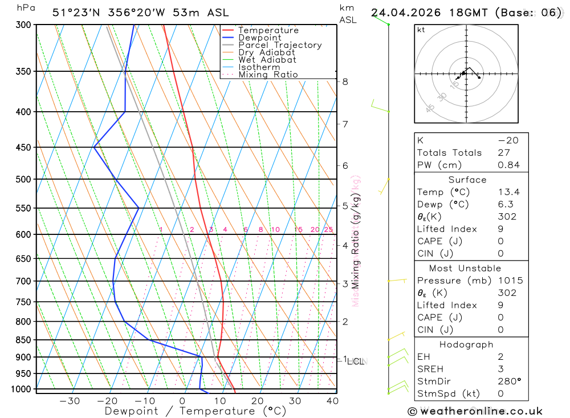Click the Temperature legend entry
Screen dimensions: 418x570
pyautogui.click(x=268, y=30)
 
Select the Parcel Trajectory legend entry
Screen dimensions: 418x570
pyautogui.click(x=280, y=45)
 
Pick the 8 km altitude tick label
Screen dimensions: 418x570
pyautogui.click(x=345, y=82)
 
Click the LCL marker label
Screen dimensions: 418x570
pyautogui.click(x=357, y=361)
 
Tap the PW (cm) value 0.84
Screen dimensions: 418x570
pyautogui.click(x=508, y=165)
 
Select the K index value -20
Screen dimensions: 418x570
pyautogui.click(x=506, y=140)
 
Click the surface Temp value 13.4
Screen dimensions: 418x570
pyautogui.click(x=508, y=192)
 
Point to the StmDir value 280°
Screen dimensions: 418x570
pyautogui.click(x=509, y=381)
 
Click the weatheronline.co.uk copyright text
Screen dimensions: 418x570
pyautogui.click(x=475, y=411)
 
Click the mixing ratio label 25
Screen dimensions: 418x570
pyautogui.click(x=328, y=230)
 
